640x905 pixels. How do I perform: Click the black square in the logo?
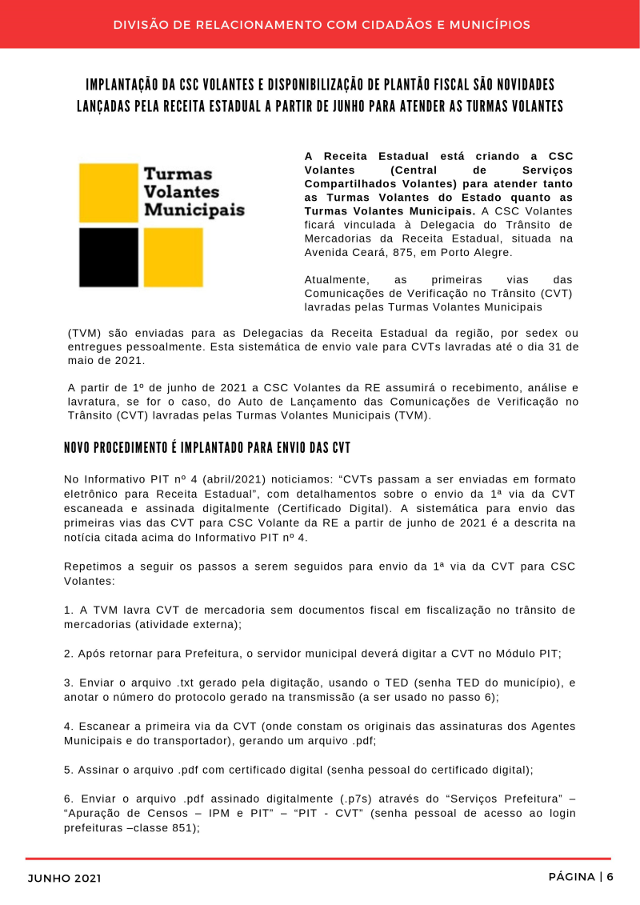pos(108,257)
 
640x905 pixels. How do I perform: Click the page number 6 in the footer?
pos(610,877)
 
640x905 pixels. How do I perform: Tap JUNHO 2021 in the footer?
pos(65,878)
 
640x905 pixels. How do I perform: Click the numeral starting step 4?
pos(68,726)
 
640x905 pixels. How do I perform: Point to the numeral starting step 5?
pos(68,770)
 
